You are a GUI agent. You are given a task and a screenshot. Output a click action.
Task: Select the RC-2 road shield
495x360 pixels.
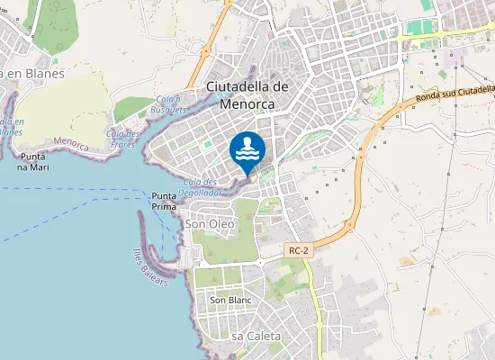click(300, 251)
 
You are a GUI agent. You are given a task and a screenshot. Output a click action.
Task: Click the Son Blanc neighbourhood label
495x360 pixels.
click(229, 300)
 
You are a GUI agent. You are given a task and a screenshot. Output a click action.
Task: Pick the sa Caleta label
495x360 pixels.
click(256, 336)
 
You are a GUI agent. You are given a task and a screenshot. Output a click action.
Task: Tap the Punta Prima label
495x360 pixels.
click(164, 201)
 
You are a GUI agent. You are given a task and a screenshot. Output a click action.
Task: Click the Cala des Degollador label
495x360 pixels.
click(200, 186)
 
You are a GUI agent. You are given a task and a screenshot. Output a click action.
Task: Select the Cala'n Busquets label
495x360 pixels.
click(171, 103)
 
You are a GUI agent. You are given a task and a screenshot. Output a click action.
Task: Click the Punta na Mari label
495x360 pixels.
click(39, 161)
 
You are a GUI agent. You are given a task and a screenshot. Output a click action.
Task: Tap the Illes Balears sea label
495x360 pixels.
click(150, 266)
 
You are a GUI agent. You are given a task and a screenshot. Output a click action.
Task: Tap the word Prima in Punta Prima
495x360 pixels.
click(164, 206)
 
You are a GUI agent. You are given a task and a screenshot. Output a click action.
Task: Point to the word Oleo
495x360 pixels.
click(221, 222)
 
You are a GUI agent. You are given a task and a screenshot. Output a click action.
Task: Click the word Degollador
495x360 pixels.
click(200, 192)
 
